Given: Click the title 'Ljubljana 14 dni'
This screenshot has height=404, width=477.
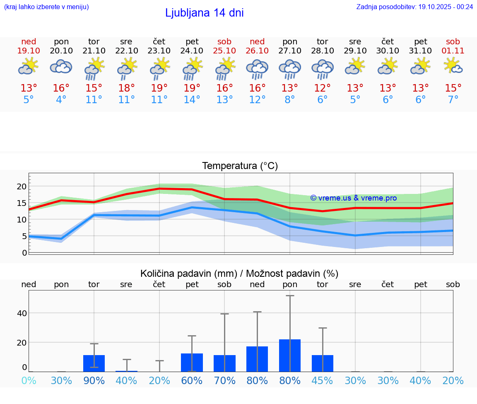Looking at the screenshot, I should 204,13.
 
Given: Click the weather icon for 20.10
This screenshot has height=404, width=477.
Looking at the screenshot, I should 61,66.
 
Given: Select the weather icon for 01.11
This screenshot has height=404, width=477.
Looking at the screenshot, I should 453,66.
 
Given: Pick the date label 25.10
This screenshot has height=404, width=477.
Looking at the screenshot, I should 224,51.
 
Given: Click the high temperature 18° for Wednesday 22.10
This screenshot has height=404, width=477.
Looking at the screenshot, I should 126,88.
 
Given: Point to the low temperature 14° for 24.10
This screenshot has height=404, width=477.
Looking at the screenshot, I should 192,100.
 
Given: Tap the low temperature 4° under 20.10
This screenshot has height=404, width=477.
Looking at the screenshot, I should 61,100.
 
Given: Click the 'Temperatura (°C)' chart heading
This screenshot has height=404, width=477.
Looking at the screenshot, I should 240,166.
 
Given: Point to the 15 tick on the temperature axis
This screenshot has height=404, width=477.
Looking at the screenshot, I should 22,203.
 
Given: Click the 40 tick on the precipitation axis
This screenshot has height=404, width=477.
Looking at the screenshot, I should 22,313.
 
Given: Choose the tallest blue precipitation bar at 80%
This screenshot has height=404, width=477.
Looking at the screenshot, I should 290,356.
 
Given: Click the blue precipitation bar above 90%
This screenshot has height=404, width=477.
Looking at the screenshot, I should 94,363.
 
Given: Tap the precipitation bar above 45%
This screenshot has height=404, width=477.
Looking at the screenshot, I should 323,363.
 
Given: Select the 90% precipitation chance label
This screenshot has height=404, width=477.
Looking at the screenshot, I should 94,380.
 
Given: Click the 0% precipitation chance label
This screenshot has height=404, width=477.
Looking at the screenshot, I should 29,380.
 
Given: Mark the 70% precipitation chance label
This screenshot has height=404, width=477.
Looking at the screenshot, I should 224,380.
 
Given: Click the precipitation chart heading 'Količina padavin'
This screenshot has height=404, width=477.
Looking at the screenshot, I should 239,273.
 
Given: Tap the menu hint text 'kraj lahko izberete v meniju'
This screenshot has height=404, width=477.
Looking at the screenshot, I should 46,7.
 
